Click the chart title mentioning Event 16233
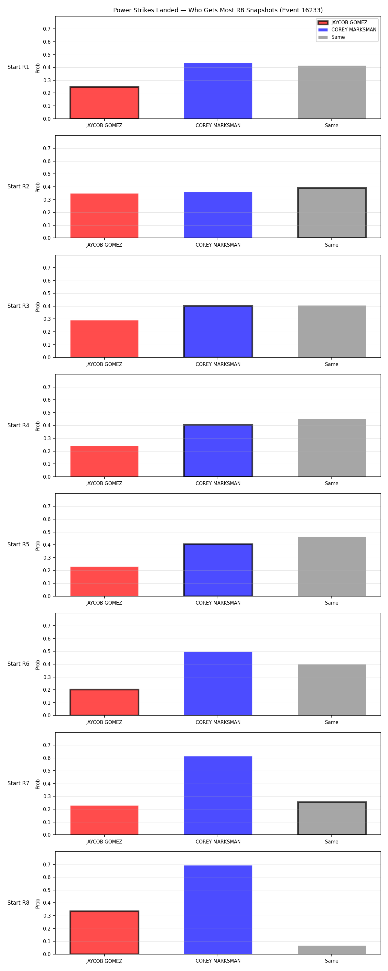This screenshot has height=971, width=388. pyautogui.click(x=218, y=10)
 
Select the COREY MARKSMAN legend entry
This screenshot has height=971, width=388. pyautogui.click(x=347, y=30)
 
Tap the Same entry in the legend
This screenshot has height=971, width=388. pyautogui.click(x=331, y=37)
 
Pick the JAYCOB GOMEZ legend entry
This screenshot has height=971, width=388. pyautogui.click(x=342, y=23)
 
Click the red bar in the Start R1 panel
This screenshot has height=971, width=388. pyautogui.click(x=104, y=103)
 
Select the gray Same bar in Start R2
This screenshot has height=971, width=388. pyautogui.click(x=332, y=213)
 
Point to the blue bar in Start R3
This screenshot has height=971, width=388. pyautogui.click(x=218, y=331)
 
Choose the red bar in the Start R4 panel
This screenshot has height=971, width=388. pyautogui.click(x=104, y=461)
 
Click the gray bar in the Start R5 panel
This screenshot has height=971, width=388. pyautogui.click(x=332, y=566)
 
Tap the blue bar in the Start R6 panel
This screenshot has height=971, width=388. pyautogui.click(x=218, y=683)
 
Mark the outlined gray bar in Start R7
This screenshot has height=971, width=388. pyautogui.click(x=332, y=818)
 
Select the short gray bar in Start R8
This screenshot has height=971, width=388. pyautogui.click(x=332, y=950)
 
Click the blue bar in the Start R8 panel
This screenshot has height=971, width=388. pyautogui.click(x=218, y=910)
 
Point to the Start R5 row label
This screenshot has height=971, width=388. pyautogui.click(x=18, y=544)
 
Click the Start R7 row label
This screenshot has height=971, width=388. pyautogui.click(x=18, y=783)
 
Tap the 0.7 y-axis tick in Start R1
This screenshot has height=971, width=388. pyautogui.click(x=47, y=29)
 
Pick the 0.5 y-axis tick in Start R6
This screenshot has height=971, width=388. pyautogui.click(x=47, y=651)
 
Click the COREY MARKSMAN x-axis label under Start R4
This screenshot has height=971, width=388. pyautogui.click(x=218, y=483)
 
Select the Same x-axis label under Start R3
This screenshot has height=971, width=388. pyautogui.click(x=331, y=364)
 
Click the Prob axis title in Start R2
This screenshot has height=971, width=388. pyautogui.click(x=38, y=187)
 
